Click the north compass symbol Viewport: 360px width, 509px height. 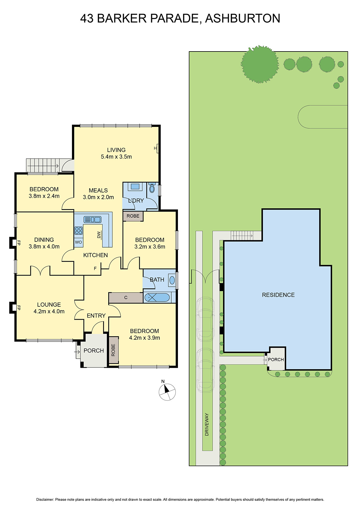[167, 392]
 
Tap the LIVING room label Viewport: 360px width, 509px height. [116, 150]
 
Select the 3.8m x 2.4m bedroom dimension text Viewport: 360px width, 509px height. [44, 196]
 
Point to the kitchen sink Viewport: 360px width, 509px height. [92, 220]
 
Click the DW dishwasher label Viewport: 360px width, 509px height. [99, 235]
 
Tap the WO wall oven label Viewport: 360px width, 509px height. [78, 242]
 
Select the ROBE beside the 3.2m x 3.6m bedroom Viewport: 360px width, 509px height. [133, 216]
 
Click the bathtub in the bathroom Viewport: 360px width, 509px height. [157, 298]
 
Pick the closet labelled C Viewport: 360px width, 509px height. [126, 298]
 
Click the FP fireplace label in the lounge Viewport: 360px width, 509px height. [18, 308]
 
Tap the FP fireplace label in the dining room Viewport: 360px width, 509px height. [18, 243]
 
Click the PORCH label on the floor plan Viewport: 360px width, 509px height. [94, 351]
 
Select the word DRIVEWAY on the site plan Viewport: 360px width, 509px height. [207, 424]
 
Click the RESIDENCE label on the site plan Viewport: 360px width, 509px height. [278, 295]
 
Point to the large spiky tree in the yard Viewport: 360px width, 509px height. [260, 64]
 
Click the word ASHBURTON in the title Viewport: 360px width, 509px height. [243, 18]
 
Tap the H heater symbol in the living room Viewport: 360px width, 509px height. [156, 148]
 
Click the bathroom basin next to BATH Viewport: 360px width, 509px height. [172, 280]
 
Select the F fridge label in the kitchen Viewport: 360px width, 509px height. [95, 268]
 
